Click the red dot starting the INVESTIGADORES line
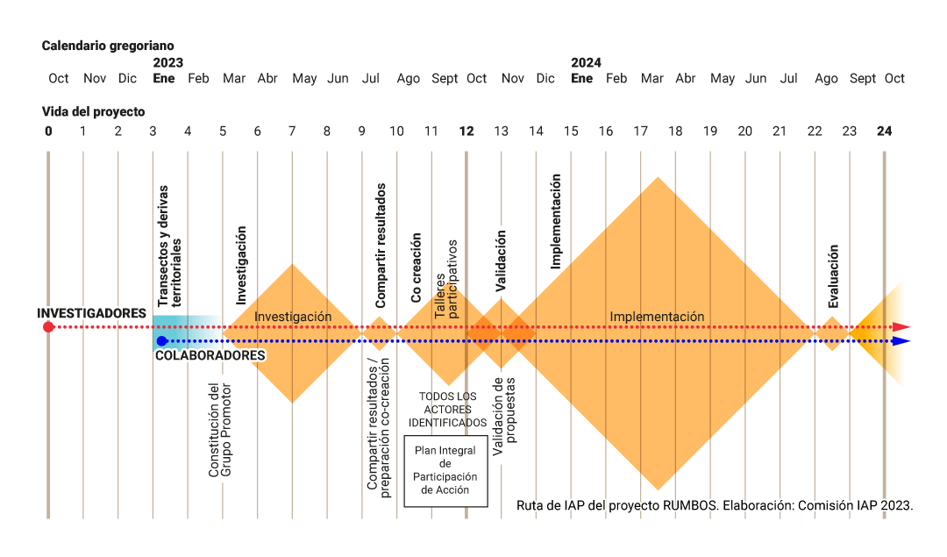click(48, 327)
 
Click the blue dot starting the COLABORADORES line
click(161, 341)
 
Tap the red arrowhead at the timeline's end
click(901, 327)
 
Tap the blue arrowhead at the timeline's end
click(901, 341)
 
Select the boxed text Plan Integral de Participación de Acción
click(445, 470)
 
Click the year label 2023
click(167, 62)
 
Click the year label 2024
click(586, 62)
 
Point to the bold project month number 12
click(466, 131)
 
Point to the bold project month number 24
click(885, 131)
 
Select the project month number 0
click(49, 131)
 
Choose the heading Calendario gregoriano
click(108, 45)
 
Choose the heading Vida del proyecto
click(93, 111)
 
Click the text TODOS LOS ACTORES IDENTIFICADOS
click(447, 410)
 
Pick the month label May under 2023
click(304, 79)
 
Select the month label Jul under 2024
click(788, 79)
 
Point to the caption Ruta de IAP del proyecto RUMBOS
click(715, 505)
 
